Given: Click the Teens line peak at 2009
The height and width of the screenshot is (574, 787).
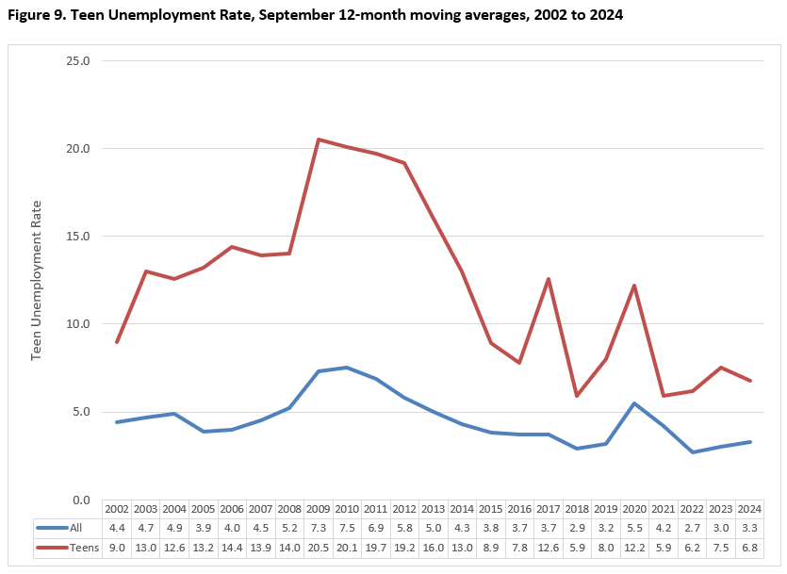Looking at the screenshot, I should tap(319, 139).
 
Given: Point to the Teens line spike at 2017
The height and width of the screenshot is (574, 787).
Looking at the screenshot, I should tap(548, 279).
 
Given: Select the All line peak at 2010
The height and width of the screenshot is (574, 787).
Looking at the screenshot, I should tap(347, 368).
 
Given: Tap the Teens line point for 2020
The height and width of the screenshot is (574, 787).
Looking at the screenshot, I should tap(634, 286).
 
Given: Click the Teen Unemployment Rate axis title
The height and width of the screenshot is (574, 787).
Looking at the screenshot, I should tap(38, 280).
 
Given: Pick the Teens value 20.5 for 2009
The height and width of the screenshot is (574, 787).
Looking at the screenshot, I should tap(319, 547).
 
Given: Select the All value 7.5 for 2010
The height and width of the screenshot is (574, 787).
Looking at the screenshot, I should tap(347, 528).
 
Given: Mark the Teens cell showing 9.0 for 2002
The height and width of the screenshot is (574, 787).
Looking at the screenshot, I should tap(117, 547).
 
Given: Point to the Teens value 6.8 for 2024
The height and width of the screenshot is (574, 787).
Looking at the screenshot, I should tap(750, 547).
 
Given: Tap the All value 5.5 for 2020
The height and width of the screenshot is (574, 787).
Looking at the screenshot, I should tap(634, 528).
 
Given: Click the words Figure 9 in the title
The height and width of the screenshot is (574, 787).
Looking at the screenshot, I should tap(37, 16).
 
